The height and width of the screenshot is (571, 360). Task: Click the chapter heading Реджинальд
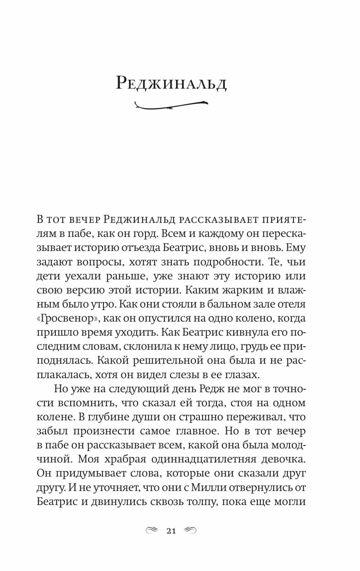click(171, 83)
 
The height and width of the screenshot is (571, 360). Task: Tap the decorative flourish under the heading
click(171, 104)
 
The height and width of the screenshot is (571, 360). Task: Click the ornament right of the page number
click(190, 531)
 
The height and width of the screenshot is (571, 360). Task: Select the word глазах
click(242, 375)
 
